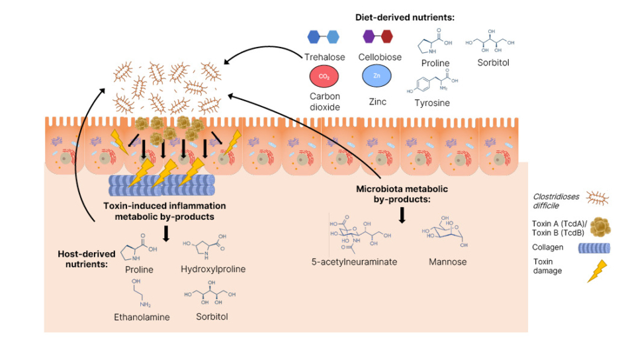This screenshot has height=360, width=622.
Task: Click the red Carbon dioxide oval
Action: click(324, 77)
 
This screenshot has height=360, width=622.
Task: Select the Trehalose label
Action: click(324, 57)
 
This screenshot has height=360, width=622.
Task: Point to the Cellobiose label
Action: click(380, 57)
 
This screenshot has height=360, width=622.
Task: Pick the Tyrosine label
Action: click(433, 103)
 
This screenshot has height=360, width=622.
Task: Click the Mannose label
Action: click(447, 261)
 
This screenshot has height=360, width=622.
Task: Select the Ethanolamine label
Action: click(142, 317)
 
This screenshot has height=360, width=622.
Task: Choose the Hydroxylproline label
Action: click(213, 269)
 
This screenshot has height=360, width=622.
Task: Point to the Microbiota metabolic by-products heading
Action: click(401, 193)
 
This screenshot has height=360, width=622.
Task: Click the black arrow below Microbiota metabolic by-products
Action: click(402, 215)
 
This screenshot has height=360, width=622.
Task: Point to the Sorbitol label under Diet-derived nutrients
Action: click(494, 63)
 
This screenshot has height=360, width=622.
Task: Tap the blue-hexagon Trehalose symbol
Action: click(324, 36)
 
